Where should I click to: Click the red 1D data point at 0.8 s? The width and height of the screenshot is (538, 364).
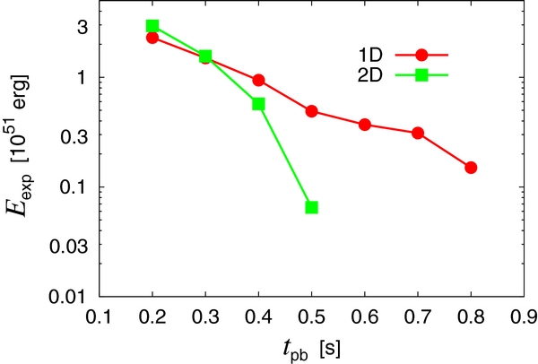pos(471,168)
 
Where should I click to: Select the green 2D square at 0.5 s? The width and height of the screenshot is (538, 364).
pos(312,207)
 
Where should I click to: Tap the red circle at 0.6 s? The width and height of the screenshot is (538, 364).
pos(365,124)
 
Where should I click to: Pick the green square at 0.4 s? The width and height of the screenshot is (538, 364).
pos(258,104)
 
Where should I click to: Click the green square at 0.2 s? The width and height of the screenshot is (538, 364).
pos(152,26)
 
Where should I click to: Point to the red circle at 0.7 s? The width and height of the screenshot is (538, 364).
pos(418,133)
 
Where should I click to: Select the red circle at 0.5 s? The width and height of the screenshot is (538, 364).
pos(312,111)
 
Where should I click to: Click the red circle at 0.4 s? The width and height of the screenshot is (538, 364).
pos(258,80)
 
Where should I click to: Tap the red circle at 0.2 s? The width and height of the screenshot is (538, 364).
pos(152,38)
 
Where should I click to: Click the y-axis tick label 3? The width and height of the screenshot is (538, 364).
pos(82,26)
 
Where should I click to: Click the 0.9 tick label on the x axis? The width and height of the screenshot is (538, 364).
pos(523,316)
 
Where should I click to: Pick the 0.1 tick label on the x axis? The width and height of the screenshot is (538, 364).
pos(100,316)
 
